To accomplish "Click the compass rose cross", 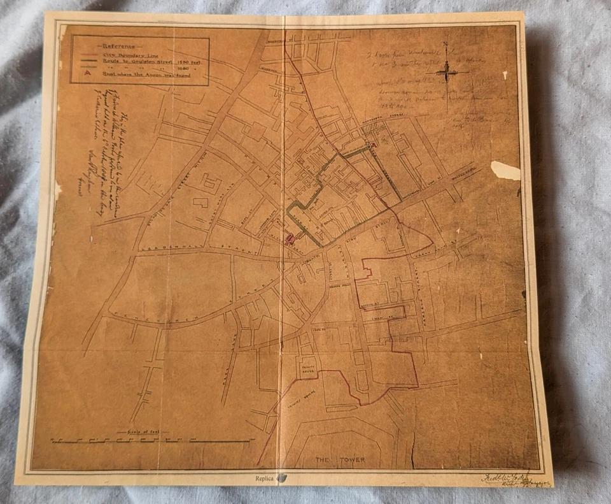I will (x=447, y=71).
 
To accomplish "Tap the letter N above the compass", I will (x=447, y=45).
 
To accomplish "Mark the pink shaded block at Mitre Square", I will (x=290, y=240).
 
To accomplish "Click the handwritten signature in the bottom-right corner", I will (x=506, y=479).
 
